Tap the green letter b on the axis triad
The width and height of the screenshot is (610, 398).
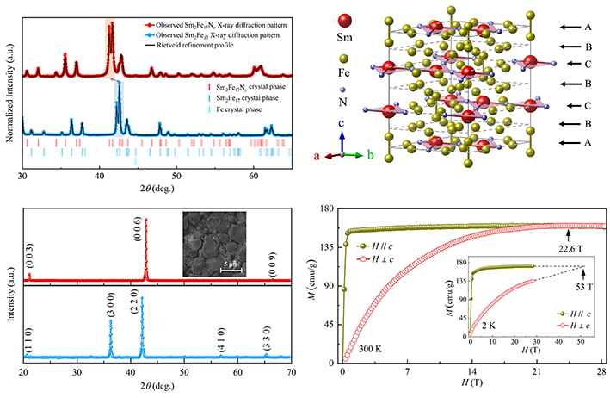(371, 156)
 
